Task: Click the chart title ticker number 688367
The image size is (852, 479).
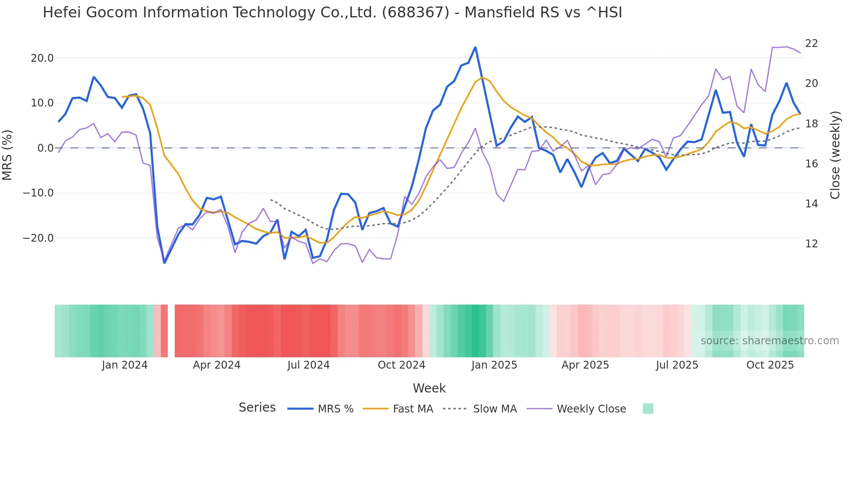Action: click(x=415, y=13)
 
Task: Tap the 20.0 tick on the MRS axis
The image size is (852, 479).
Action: click(x=42, y=58)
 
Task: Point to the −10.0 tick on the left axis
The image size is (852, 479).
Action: click(x=38, y=193)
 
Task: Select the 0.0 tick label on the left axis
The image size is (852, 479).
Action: click(x=45, y=148)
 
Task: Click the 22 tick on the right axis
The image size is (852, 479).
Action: click(x=811, y=43)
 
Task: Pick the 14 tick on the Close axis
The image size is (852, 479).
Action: click(x=811, y=204)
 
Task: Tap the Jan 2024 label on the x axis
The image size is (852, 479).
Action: click(x=125, y=365)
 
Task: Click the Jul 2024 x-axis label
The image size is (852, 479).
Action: click(x=308, y=365)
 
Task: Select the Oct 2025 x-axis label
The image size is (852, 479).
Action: click(x=770, y=365)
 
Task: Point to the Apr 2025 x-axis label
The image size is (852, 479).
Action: click(x=585, y=365)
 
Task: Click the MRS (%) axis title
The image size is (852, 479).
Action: click(x=7, y=155)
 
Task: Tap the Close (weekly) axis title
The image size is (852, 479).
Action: click(x=835, y=155)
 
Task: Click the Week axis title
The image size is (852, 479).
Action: click(x=429, y=388)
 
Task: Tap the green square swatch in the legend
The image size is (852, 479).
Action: click(x=648, y=409)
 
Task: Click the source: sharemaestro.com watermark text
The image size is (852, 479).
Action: click(x=769, y=341)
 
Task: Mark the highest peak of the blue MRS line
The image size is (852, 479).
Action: click(x=475, y=47)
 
